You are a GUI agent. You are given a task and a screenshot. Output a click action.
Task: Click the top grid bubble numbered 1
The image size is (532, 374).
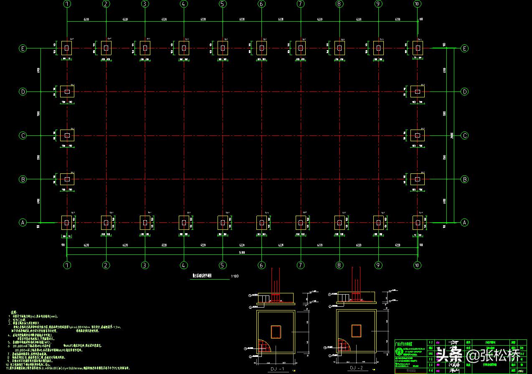[67, 4]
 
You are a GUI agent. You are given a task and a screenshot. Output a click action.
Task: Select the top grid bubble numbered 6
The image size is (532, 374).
[261, 4]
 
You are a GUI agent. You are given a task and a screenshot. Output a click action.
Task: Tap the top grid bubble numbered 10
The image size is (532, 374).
[417, 4]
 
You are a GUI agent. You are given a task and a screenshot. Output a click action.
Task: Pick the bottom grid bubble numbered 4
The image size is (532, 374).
[184, 265]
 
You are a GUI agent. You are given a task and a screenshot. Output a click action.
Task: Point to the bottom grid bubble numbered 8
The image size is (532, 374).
[339, 265]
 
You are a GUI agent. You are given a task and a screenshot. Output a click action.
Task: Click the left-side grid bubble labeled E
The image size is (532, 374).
[23, 48]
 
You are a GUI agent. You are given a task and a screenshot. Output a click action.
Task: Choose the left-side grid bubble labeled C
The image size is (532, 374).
[23, 135]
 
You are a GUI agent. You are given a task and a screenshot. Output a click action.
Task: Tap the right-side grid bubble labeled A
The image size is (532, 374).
[464, 222]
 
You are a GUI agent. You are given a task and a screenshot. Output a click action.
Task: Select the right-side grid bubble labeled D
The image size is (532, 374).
[464, 92]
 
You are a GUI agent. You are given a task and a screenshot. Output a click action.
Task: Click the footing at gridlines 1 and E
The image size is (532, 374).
[67, 48]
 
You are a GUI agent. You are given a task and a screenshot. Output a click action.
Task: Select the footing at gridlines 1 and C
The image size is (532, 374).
[67, 135]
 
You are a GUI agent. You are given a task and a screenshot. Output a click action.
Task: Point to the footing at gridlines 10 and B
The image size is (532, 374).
[417, 179]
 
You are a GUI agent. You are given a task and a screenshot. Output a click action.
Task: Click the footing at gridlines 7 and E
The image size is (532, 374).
[300, 48]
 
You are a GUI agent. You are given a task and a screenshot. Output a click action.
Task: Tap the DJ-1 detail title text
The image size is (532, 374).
[276, 369]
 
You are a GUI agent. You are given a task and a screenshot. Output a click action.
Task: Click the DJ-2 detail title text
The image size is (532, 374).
[356, 368]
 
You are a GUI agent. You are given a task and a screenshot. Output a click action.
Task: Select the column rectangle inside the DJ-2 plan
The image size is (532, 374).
[356, 331]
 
